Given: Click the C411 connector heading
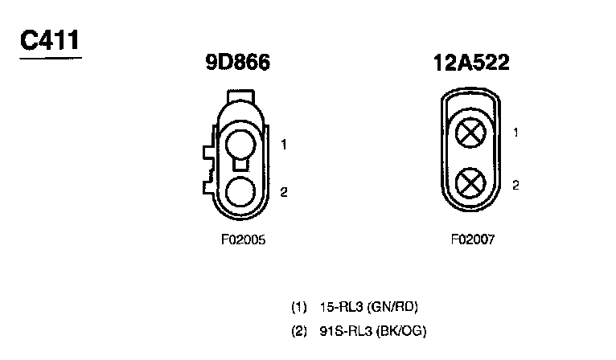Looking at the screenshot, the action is point(50,40).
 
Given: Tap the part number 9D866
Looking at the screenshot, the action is point(238,62).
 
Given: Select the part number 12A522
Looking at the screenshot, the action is point(471,63).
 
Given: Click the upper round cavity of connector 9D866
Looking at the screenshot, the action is point(240,145).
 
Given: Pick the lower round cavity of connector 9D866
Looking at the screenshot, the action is point(240,191).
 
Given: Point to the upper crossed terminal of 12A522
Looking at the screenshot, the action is point(470,133).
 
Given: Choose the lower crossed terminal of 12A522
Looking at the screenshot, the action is point(470,183).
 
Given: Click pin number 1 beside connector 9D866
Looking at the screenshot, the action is point(284,145).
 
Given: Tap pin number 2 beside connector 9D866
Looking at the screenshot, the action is point(284,192).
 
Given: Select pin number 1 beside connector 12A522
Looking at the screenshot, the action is point(515,133).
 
